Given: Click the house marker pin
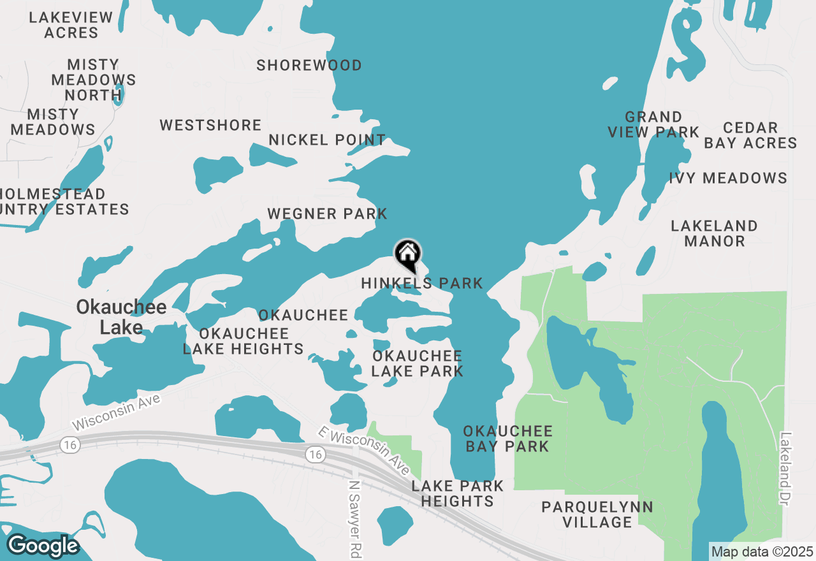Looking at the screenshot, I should click(x=408, y=255).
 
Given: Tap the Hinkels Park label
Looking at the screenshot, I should click(x=422, y=283).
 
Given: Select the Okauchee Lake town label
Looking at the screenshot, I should click(x=121, y=317).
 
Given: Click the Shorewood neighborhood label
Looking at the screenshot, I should click(x=309, y=66).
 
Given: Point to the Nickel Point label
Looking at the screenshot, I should click(x=327, y=140).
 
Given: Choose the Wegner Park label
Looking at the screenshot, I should click(x=327, y=214).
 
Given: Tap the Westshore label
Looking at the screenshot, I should click(x=210, y=126).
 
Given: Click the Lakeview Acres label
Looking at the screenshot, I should click(x=71, y=25).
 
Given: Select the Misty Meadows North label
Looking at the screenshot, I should click(x=93, y=80).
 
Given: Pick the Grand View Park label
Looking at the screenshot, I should click(x=653, y=125).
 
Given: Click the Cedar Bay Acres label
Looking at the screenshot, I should click(x=750, y=136).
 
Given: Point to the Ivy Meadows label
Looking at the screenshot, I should click(x=729, y=178).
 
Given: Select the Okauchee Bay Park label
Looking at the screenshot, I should click(x=507, y=439).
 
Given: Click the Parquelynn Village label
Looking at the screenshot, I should click(x=597, y=514).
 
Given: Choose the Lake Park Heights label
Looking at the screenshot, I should click(x=457, y=493).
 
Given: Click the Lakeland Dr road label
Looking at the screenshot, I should click(x=785, y=469).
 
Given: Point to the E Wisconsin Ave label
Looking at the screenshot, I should click(x=364, y=450).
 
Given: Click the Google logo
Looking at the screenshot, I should click(x=43, y=546).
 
